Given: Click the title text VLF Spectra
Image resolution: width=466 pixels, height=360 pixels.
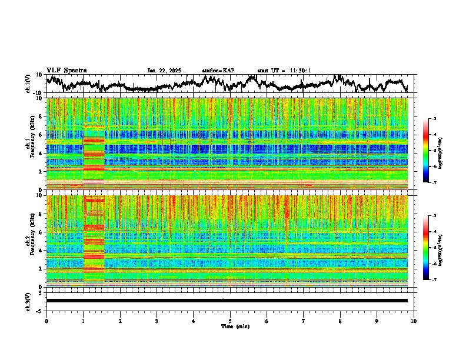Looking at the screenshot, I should [66, 71].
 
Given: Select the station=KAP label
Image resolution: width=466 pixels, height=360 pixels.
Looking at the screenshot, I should [218, 71].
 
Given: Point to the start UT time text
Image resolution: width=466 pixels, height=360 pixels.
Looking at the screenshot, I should [284, 71].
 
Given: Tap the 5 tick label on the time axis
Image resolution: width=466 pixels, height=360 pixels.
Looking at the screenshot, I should [230, 321].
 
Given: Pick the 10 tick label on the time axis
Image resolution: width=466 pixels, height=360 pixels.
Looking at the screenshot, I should [414, 321].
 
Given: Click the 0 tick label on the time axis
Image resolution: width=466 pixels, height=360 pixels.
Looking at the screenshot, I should [46, 321].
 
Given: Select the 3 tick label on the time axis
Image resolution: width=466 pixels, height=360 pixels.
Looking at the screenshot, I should [157, 321].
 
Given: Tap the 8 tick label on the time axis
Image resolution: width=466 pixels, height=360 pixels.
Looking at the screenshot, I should [340, 321].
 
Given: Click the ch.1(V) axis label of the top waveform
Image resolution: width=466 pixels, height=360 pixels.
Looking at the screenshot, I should [28, 84].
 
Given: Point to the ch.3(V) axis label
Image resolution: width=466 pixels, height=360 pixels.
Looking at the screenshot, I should [28, 301].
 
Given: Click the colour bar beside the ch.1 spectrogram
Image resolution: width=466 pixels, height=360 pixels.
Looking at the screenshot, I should [426, 151].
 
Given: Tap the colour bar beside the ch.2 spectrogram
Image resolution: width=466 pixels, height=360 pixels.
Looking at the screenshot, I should [426, 248].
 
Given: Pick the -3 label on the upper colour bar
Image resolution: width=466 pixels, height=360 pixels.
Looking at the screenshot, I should [434, 119].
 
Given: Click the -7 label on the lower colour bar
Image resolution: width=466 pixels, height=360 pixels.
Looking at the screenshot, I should [434, 280].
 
